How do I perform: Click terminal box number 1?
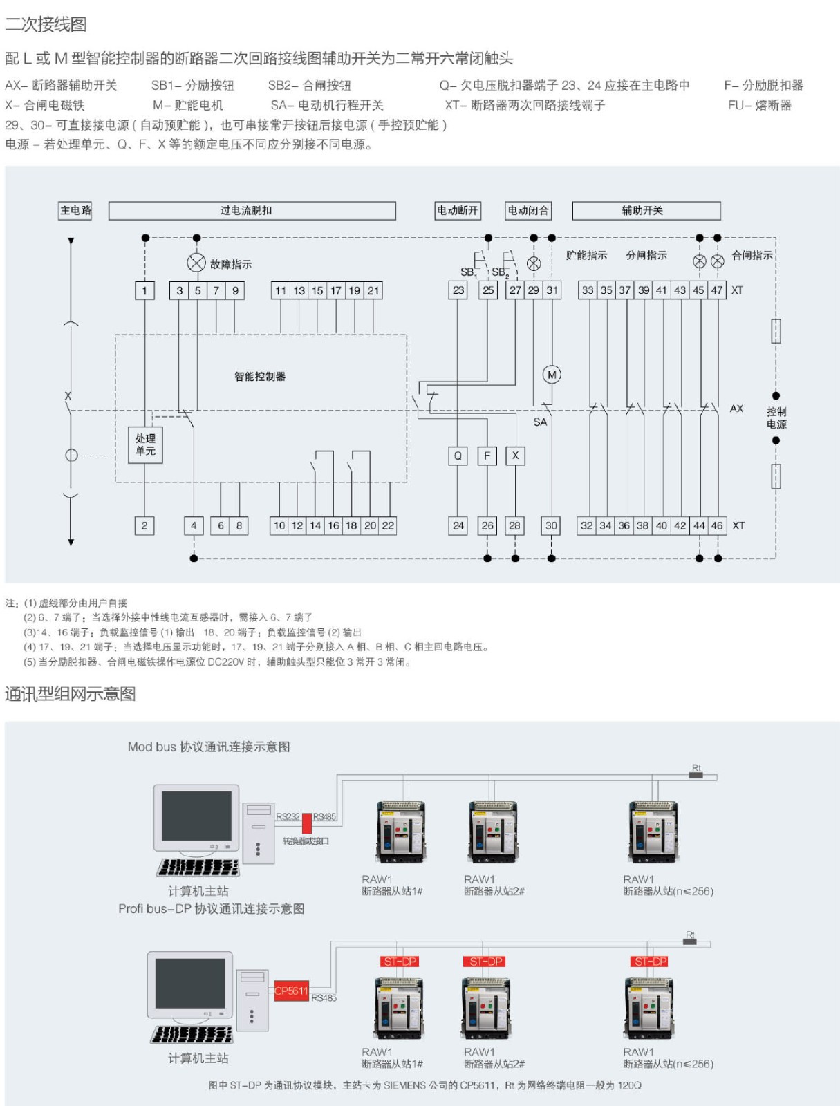(x=144, y=290)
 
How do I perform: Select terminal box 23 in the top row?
(x=458, y=290)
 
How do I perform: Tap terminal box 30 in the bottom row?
(x=551, y=525)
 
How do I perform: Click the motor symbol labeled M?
(x=552, y=375)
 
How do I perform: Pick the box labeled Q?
(x=458, y=456)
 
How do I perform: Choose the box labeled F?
(x=487, y=456)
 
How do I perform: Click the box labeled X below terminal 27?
(x=515, y=456)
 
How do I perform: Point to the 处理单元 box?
(x=145, y=444)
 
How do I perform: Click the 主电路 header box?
(x=75, y=210)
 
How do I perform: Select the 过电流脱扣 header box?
(x=252, y=210)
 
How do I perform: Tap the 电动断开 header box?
(x=458, y=210)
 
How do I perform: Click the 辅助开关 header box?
(x=646, y=210)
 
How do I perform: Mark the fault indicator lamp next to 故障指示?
(x=196, y=263)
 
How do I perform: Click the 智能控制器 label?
(x=260, y=376)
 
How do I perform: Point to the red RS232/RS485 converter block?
(x=307, y=824)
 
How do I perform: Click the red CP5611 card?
(x=291, y=991)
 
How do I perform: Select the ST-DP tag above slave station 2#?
(x=486, y=962)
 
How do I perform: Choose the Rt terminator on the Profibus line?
(x=689, y=941)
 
